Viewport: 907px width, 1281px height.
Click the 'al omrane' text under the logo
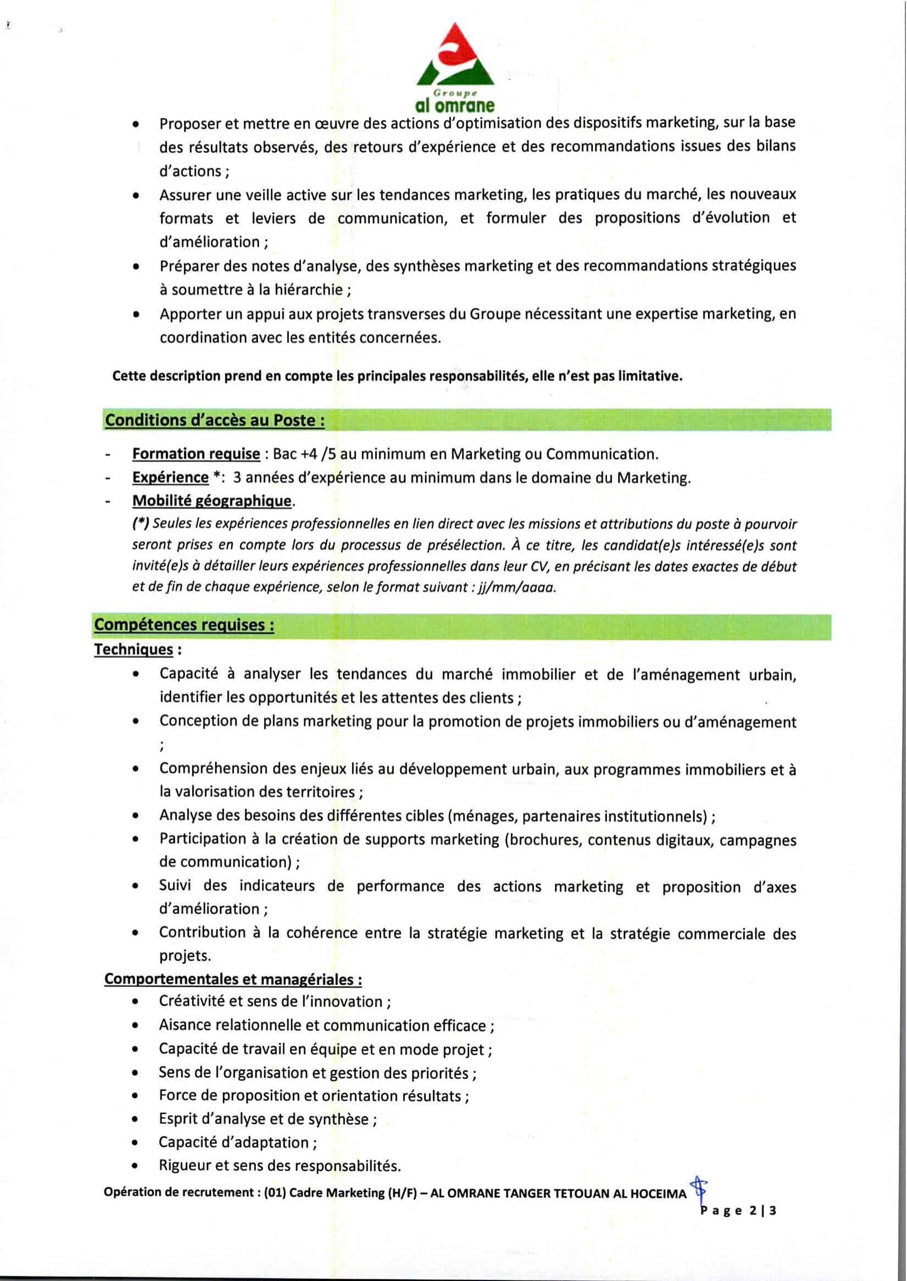point(455,104)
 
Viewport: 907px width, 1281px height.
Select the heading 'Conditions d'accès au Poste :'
point(215,420)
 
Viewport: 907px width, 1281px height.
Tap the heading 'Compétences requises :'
point(184,624)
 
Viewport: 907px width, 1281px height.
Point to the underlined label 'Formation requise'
point(196,454)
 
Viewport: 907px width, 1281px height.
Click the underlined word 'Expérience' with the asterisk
point(170,478)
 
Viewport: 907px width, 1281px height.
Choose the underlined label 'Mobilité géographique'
point(212,501)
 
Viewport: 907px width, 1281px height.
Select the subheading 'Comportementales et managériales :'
point(233,979)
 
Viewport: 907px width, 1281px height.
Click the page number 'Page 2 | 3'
point(738,1211)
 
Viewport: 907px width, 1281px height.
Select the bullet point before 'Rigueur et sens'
point(136,1167)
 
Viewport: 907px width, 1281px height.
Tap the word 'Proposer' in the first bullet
point(188,124)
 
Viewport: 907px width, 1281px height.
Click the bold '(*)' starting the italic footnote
point(140,524)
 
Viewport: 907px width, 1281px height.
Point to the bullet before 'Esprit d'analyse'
point(136,1119)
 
